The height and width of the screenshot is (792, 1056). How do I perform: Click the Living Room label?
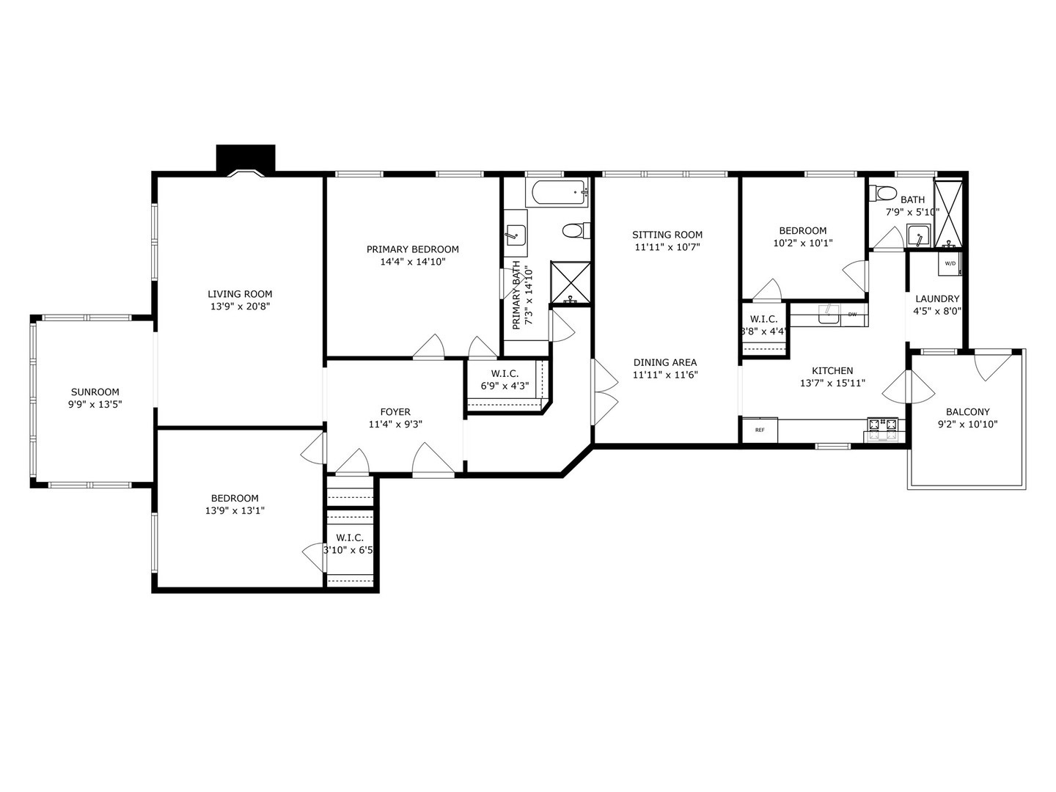tap(239, 294)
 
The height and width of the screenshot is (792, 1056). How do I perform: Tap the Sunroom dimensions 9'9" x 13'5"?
tap(95, 404)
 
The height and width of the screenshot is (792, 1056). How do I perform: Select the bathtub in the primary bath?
tap(557, 193)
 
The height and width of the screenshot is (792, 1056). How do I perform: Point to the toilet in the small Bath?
tap(883, 194)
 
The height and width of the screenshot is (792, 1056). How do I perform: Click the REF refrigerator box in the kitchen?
tap(760, 430)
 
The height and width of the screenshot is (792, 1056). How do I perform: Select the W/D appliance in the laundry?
tap(950, 263)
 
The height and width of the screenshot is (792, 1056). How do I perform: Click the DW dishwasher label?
tap(852, 315)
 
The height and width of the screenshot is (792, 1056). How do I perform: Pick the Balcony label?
tap(967, 412)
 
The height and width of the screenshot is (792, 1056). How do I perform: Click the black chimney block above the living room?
tap(246, 158)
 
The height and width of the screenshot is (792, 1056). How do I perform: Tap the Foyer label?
tap(395, 412)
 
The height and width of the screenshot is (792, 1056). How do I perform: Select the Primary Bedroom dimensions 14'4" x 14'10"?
tap(413, 261)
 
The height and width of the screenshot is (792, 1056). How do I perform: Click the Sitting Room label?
tap(667, 235)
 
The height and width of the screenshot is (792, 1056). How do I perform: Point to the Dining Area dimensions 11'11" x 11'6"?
tap(665, 375)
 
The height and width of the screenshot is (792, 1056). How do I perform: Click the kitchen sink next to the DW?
tap(829, 314)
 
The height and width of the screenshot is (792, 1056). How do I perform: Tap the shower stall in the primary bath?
tap(571, 282)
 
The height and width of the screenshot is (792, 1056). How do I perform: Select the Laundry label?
tap(936, 298)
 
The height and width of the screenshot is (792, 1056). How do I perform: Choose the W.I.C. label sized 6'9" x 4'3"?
tap(499, 386)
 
